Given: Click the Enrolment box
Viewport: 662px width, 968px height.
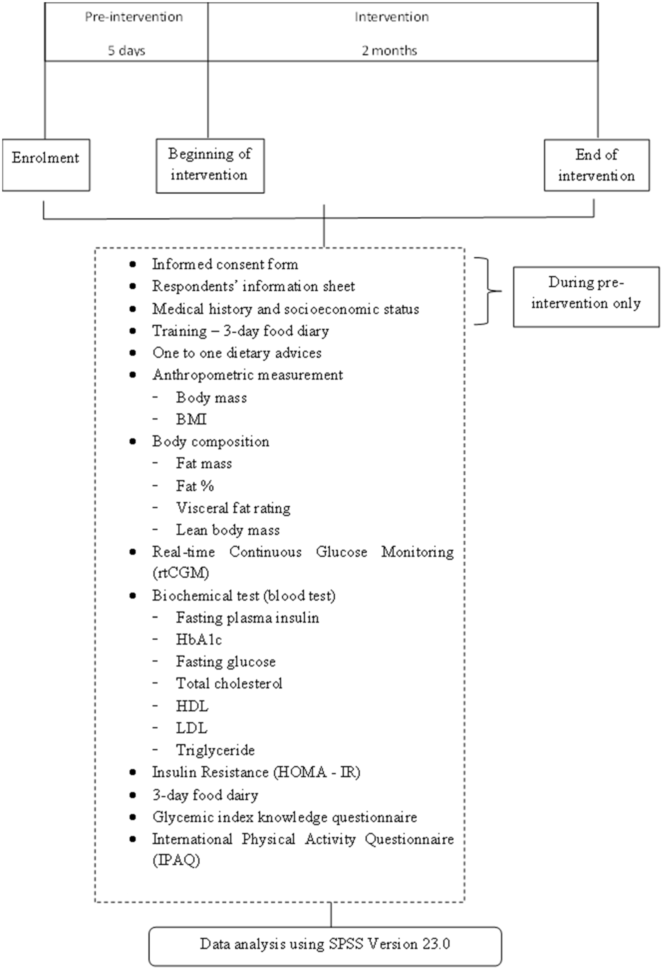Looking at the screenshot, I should (x=46, y=165).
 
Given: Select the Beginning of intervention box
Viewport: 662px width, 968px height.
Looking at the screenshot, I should (x=210, y=165).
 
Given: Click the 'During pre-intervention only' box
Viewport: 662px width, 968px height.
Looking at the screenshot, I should (x=586, y=297).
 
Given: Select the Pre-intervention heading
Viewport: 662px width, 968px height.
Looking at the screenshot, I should (x=134, y=17).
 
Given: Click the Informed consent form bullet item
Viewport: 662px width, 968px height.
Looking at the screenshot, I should (x=225, y=264).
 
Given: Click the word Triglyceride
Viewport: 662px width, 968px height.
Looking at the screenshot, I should (x=215, y=750).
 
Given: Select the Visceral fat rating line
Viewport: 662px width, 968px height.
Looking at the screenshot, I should (x=233, y=508).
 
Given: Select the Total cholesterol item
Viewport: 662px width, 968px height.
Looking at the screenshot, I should (x=229, y=684).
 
